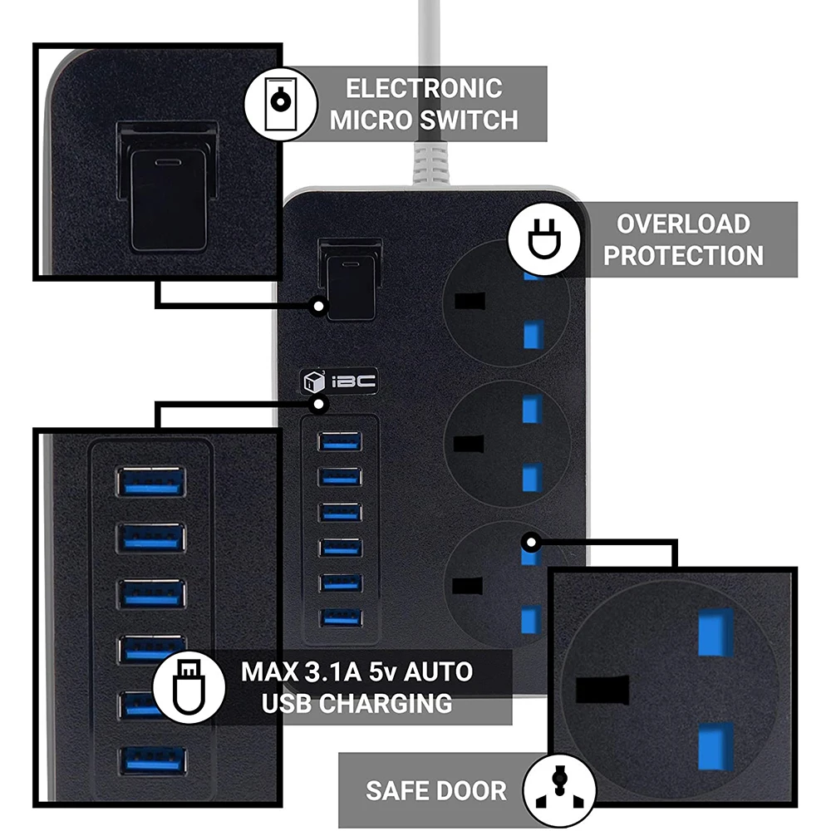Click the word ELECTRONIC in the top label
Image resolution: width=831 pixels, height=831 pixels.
424,89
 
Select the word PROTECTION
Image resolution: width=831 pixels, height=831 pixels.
683,255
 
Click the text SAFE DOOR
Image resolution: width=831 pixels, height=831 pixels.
436,790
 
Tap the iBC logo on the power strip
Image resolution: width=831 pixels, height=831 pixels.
340,381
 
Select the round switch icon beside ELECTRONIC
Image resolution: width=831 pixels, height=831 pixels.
281,103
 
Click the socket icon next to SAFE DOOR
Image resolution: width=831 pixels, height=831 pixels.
559,789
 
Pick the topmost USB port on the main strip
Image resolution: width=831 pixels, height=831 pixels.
340,441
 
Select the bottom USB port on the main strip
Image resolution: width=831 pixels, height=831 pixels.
340,617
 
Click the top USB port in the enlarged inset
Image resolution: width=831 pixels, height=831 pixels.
150,481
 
